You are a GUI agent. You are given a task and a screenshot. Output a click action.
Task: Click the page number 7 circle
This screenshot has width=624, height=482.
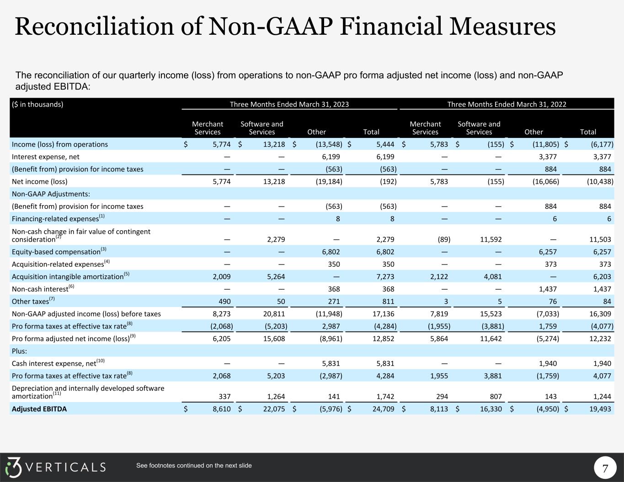pyautogui.click(x=605, y=469)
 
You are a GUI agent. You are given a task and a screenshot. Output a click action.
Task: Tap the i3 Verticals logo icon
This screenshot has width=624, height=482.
pyautogui.click(x=14, y=467)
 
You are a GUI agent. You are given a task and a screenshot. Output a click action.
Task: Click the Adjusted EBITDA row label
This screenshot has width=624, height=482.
pyautogui.click(x=39, y=409)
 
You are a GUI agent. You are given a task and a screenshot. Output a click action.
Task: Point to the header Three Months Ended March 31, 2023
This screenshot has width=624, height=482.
pyautogui.click(x=289, y=104)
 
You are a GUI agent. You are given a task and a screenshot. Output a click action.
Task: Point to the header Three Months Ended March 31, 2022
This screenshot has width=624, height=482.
pyautogui.click(x=507, y=104)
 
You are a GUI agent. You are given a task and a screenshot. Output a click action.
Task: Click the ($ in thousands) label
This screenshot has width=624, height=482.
pyautogui.click(x=37, y=104)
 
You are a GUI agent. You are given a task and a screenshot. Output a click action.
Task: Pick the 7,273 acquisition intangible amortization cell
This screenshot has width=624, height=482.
pyautogui.click(x=384, y=276)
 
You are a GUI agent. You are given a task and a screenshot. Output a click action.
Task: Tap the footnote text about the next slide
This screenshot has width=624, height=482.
pyautogui.click(x=194, y=466)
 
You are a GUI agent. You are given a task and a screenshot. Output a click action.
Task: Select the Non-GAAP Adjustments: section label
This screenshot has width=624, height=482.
pyautogui.click(x=51, y=194)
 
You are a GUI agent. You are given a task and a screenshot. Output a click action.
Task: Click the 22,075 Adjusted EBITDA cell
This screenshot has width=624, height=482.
pyautogui.click(x=273, y=409)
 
